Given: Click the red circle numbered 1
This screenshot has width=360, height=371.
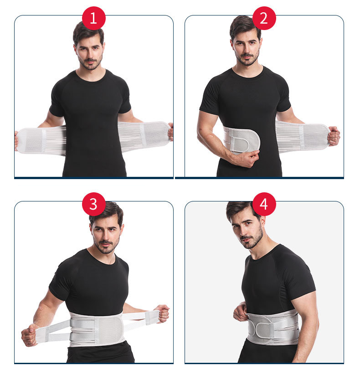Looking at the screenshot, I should click(x=93, y=19).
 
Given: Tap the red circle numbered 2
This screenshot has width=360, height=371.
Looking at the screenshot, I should click(x=263, y=19).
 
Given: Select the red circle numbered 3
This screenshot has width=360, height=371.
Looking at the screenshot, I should click(x=93, y=204).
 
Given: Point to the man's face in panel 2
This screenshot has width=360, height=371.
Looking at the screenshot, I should click(x=247, y=45).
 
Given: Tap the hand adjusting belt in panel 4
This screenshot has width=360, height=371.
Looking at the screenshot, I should click(x=240, y=313).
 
